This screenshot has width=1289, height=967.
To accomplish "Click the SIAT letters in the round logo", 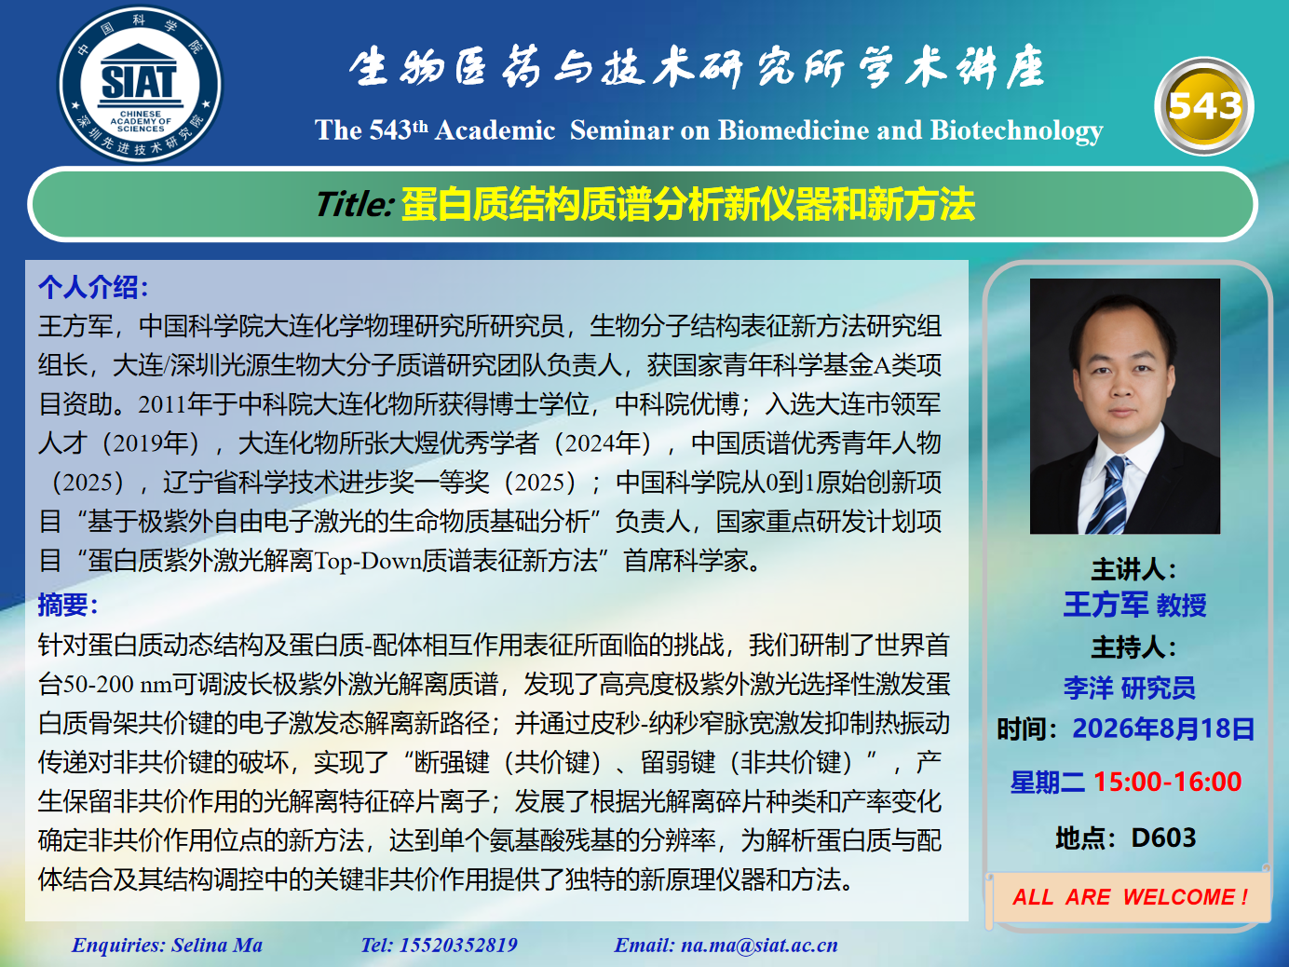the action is pos(139,82).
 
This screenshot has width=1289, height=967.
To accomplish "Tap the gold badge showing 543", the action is pos(1204,106).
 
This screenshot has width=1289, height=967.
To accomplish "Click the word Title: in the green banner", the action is pos(355,204).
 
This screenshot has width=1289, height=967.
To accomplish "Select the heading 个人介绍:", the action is pos(93,287).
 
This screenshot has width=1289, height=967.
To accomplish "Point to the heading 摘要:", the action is pos(68,605).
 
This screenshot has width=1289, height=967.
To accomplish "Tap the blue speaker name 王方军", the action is pos(1106,605).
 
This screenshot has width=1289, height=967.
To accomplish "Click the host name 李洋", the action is pos(1088,688).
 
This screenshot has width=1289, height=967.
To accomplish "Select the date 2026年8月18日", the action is pos(1163,728).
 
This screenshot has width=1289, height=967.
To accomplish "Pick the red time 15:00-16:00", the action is pos(1167,782).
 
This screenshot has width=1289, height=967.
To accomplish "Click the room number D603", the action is pos(1163,838).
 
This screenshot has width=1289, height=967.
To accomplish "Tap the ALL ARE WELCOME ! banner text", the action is pos(1131,897).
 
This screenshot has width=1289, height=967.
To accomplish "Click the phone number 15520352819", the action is pos(458,945).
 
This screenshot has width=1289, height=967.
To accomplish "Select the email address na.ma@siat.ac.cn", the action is pos(759,945).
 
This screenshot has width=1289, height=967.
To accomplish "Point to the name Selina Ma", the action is pos(217,945).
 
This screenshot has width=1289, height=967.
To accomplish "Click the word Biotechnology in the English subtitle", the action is pos(1016,130).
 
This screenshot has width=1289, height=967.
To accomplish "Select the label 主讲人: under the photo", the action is pos(1134,569).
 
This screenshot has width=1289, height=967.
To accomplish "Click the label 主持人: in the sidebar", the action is pos(1134,647).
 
